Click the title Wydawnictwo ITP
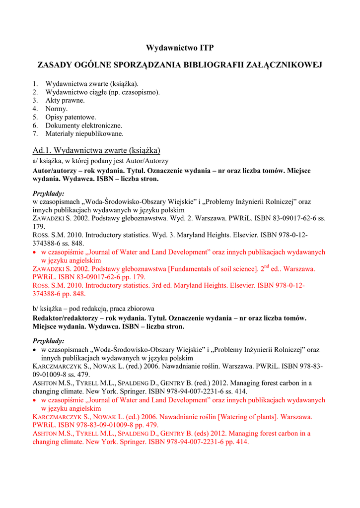pyautogui.click(x=180, y=48)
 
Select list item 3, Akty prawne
pyautogui.click(x=65, y=100)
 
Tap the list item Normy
pyautogui.click(x=57, y=109)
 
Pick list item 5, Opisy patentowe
pyautogui.click(x=71, y=117)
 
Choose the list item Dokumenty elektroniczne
pyautogui.click(x=83, y=126)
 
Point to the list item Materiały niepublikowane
pyautogui.click(x=84, y=133)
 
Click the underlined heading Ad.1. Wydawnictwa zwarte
pyautogui.click(x=96, y=150)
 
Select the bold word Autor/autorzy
pyautogui.click(x=53, y=170)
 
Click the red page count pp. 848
pyautogui.click(x=73, y=294)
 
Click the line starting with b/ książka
pyautogui.click(x=93, y=309)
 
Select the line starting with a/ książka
pyautogui.click(x=100, y=161)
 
